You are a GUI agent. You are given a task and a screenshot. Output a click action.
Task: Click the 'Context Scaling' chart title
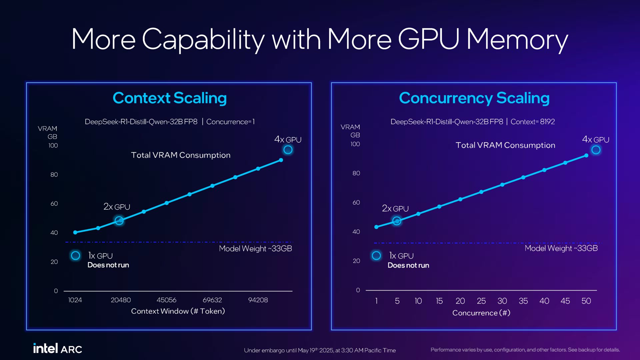point(170,98)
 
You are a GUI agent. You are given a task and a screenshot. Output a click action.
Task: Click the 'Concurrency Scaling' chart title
point(474,98)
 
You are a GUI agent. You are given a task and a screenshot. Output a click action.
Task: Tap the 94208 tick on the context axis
point(258,300)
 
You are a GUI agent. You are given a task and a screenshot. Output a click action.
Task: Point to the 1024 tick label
point(75,300)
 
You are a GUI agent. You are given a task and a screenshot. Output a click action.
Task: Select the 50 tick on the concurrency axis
point(586,301)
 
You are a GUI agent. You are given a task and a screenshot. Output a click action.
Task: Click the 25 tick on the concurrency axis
point(481,301)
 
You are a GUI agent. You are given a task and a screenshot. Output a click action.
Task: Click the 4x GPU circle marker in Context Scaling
point(288,150)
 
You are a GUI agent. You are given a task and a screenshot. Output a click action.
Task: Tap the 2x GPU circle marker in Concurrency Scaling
point(397,221)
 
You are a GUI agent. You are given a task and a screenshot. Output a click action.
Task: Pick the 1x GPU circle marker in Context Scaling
point(76,256)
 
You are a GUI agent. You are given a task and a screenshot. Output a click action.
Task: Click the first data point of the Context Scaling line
point(75,232)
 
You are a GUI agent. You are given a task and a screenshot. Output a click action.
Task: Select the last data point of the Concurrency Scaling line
point(586,156)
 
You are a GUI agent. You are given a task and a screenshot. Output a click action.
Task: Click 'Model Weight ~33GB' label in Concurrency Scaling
point(561,248)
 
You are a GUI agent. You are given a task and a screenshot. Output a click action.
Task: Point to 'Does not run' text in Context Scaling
point(108,265)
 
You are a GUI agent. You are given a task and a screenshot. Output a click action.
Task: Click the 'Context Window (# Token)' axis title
point(178,311)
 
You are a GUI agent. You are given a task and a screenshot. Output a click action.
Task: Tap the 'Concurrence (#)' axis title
point(481,313)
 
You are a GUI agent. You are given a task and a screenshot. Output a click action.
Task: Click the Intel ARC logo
point(57,349)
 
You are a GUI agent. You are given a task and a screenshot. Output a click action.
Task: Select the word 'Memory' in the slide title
point(517,39)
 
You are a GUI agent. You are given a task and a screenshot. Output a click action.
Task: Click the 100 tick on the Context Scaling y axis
point(53,146)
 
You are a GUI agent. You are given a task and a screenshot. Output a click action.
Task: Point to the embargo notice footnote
point(320,350)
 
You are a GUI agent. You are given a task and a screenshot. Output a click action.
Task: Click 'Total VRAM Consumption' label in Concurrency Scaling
point(505,145)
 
